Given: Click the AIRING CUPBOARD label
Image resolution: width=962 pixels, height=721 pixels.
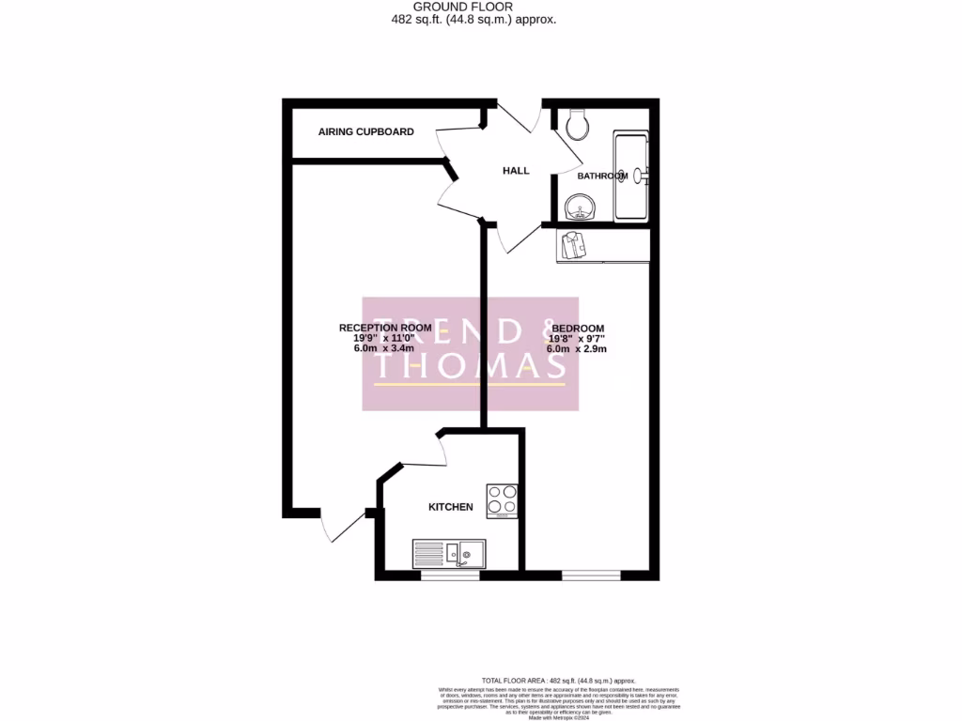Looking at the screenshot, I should (365, 132).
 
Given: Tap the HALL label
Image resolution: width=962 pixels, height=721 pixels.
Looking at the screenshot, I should (516, 171).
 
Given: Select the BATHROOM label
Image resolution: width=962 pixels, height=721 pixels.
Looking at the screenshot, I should (601, 176).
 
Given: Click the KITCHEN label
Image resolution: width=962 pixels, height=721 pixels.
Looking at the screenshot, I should (451, 507).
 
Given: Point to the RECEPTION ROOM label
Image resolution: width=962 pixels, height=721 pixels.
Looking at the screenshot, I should (385, 328).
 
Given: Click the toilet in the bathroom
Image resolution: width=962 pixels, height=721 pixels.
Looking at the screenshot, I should (576, 123).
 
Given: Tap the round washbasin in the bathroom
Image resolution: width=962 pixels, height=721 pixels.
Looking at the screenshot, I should (579, 206).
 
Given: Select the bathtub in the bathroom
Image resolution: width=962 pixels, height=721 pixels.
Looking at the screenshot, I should (631, 176).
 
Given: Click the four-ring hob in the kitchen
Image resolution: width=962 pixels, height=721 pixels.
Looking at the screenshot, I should (502, 500).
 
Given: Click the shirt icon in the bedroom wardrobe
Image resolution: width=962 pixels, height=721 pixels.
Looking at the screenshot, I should (572, 246).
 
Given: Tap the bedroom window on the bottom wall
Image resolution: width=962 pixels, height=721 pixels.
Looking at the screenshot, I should (591, 573).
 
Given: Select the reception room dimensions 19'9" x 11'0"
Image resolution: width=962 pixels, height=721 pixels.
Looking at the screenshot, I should (385, 338).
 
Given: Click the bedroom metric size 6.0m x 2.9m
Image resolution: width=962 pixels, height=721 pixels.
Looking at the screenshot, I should (577, 349).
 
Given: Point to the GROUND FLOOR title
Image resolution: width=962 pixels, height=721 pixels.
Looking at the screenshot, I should (480, 7).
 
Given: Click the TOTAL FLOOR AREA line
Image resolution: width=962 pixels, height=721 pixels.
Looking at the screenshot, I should (558, 681).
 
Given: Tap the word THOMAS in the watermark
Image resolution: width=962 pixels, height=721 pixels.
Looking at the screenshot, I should (470, 367).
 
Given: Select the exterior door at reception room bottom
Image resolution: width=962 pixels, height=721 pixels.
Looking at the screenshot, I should (343, 526).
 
